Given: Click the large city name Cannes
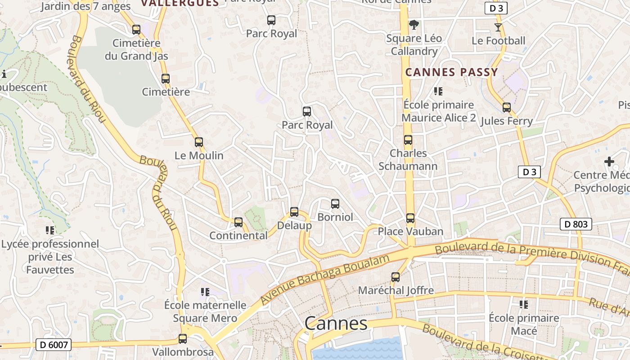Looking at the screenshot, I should tap(336, 323).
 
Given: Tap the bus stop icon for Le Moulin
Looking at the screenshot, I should tap(199, 142).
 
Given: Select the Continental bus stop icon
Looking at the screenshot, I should tap(238, 222).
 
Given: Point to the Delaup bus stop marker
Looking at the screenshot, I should tap(294, 211).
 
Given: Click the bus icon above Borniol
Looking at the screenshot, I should tap(335, 203).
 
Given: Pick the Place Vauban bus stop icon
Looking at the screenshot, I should tap(410, 218).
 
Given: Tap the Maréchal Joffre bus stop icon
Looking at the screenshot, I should tap(396, 277).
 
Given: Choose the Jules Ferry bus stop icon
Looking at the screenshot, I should tap(507, 108).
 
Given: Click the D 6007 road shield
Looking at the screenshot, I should tap(54, 345).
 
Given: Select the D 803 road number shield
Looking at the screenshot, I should tap(576, 224).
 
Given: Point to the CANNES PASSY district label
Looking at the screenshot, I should tap(451, 72).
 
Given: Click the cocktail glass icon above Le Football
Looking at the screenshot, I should tap(498, 27).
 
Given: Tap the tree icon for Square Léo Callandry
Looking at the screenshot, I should tap(414, 25).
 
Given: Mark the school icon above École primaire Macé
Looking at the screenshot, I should tap(524, 305).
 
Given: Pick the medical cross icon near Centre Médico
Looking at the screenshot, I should tap(609, 161).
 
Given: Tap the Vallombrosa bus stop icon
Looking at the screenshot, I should tap(183, 339).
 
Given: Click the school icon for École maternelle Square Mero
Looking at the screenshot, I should tap(205, 292).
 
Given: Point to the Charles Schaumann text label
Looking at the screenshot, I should tap(408, 160).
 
